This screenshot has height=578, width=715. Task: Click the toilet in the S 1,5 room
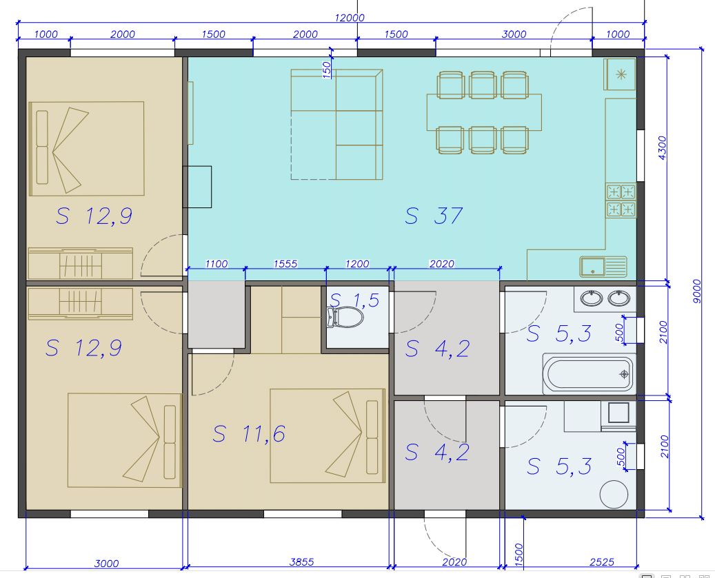[345, 317]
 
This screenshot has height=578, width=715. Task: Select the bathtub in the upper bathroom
[589, 374]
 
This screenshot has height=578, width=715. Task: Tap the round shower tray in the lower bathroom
[614, 494]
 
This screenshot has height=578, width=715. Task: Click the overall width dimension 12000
[350, 18]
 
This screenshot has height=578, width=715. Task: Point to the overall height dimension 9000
[696, 292]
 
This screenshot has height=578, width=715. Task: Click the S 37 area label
[434, 216]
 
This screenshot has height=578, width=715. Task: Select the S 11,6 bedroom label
[249, 433]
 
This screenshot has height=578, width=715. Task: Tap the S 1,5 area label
[354, 300]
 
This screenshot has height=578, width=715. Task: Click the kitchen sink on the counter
[603, 267]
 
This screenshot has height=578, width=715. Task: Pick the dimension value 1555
[285, 264]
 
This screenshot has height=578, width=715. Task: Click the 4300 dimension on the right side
[662, 147]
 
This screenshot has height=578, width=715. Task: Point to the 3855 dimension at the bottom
[301, 562]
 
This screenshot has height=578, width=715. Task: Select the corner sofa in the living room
[336, 124]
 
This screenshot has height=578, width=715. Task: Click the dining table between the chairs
[484, 112]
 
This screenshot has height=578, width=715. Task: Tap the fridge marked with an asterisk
[620, 74]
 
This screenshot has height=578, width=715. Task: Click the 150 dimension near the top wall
[327, 70]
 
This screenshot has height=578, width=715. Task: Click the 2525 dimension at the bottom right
[602, 563]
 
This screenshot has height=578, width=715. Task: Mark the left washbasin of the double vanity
[591, 299]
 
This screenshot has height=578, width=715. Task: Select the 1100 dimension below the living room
[216, 264]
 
